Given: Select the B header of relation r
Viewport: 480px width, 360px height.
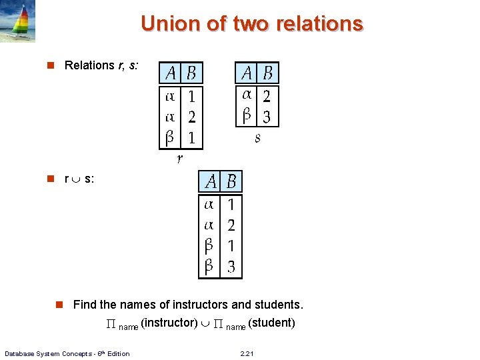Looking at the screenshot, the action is click(191, 73).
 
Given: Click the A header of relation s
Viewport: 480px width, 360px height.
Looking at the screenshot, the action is click(247, 72).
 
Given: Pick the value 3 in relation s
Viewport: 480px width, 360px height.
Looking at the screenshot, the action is click(267, 117).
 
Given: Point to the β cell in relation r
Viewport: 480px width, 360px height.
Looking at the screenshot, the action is click(171, 138).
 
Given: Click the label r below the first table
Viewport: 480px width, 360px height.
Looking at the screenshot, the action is click(179, 159).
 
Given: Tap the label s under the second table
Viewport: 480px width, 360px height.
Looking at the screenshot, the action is click(257, 138).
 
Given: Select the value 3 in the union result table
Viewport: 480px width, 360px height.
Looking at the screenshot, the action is click(231, 267).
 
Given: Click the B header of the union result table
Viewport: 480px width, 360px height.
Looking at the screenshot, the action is click(231, 181).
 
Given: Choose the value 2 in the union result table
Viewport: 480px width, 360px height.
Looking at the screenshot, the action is click(231, 225).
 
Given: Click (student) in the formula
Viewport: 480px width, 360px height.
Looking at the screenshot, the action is click(271, 323).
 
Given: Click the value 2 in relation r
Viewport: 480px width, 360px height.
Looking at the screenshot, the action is click(191, 117).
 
